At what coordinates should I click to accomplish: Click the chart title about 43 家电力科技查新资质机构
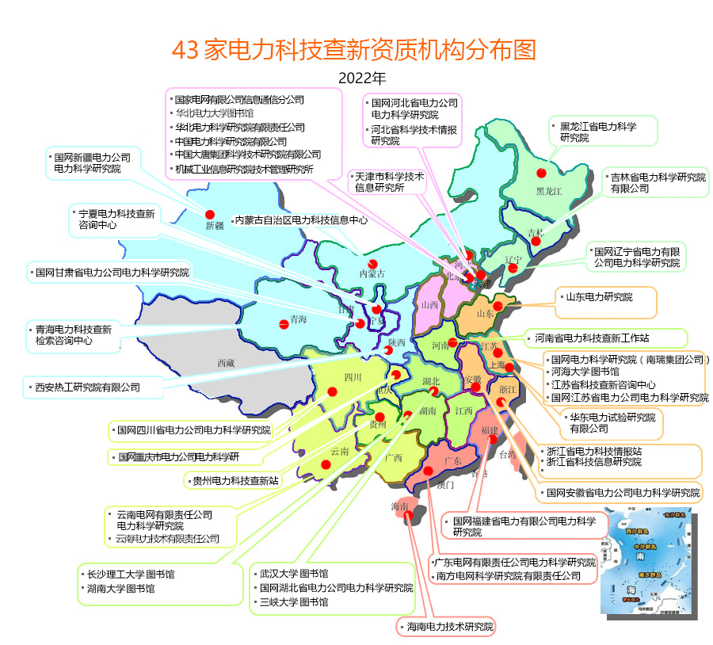(353, 50)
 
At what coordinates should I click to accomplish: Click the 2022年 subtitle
(361, 78)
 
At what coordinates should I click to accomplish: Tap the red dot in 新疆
(210, 215)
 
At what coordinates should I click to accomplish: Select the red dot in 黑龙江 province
(542, 173)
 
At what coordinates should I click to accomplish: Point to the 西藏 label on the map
(226, 364)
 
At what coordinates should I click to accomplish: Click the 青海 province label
(298, 320)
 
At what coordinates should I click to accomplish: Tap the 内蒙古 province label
(372, 273)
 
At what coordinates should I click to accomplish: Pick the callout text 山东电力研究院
(599, 297)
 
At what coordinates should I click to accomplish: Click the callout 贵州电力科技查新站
(235, 480)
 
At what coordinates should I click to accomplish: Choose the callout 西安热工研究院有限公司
(87, 387)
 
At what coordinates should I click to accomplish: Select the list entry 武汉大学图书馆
(294, 573)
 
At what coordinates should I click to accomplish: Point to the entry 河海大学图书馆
(585, 371)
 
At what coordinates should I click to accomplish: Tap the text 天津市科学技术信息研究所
(389, 182)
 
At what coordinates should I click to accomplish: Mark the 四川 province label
(353, 378)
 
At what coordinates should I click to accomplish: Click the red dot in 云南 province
(326, 465)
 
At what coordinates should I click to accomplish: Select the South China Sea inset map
(646, 562)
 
